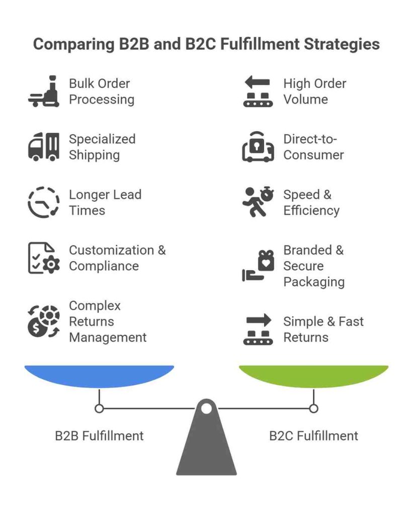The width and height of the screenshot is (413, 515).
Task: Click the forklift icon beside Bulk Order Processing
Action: (x=44, y=92)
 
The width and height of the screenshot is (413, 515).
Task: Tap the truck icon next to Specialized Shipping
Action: (x=44, y=146)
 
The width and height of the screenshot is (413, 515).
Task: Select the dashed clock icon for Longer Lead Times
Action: (x=43, y=202)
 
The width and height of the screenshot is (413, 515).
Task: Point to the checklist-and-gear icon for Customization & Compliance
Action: (x=43, y=258)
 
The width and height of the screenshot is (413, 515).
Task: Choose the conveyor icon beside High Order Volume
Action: (x=258, y=92)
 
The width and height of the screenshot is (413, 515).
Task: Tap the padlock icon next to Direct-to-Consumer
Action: (x=258, y=146)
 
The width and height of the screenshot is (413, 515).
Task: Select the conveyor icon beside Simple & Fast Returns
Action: (x=258, y=329)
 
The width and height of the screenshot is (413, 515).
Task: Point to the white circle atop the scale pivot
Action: (x=206, y=408)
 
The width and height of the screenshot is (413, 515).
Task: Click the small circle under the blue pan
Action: (x=99, y=408)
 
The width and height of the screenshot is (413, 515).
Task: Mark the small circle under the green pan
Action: (x=313, y=408)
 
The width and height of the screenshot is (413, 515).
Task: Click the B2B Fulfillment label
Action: (x=99, y=436)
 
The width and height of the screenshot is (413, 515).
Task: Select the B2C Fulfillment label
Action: (x=313, y=436)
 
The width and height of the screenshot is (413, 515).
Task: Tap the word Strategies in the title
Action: (x=342, y=44)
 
